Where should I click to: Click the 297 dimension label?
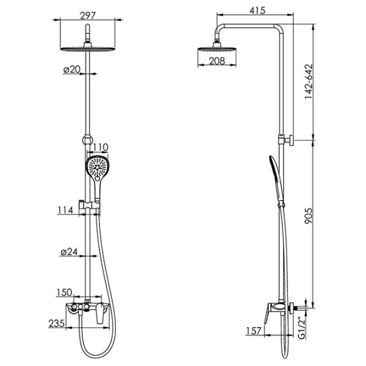point(88,16)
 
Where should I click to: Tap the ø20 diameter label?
point(71,70)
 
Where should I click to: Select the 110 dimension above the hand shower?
point(101,147)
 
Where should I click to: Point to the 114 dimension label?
point(65,210)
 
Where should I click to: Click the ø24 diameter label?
point(69,252)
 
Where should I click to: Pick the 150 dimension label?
point(65,292)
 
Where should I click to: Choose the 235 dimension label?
point(56,323)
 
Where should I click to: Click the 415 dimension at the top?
point(257,10)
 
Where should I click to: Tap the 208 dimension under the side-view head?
point(217,61)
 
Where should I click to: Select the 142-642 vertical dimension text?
point(309,82)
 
